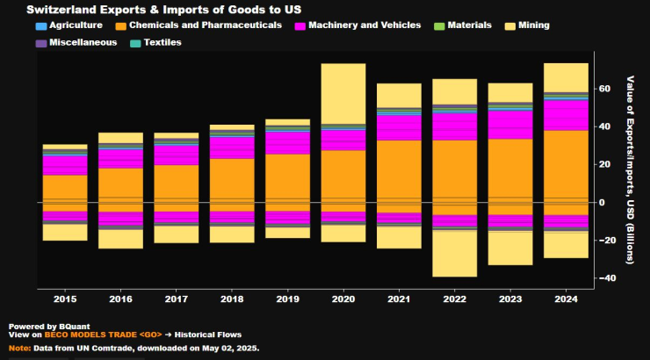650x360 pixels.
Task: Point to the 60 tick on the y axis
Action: tap(603, 89)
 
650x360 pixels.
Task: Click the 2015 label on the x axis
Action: tap(65, 299)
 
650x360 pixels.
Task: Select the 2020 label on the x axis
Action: tap(343, 299)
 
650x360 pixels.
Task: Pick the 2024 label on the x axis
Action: tap(566, 299)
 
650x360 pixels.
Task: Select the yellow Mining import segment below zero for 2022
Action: tap(455, 254)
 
